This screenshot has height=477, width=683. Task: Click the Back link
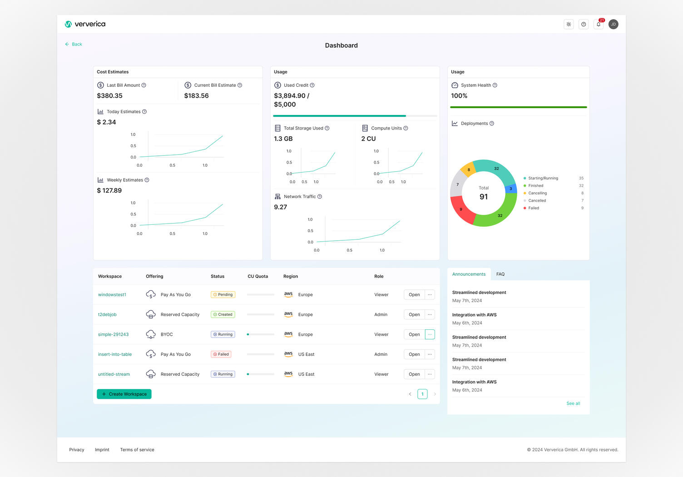(x=74, y=44)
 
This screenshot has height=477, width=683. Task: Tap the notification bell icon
(x=599, y=25)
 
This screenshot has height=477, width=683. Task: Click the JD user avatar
(x=613, y=25)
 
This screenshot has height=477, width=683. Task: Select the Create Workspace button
(x=124, y=394)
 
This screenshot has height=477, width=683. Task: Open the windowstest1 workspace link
(x=112, y=295)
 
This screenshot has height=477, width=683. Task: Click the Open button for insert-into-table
(x=414, y=354)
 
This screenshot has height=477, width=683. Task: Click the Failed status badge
(x=221, y=354)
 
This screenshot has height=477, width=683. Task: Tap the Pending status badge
(x=223, y=295)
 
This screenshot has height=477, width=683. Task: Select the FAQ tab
(x=500, y=274)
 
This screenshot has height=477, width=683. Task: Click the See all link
(x=573, y=403)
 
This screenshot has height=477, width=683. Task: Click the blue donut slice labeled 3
(x=511, y=189)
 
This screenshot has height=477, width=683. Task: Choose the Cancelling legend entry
(x=537, y=193)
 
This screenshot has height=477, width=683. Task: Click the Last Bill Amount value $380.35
(x=109, y=96)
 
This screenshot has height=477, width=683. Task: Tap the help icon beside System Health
(x=495, y=85)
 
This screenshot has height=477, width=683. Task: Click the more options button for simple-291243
(x=430, y=334)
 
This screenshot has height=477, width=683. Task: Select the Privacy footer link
(x=76, y=450)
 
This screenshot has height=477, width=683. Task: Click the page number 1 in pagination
(x=422, y=394)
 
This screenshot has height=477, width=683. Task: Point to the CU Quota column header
(x=257, y=276)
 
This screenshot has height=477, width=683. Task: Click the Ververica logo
(x=85, y=24)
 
